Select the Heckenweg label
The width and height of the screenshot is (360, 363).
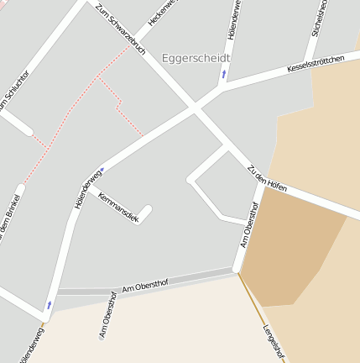coord(164,10)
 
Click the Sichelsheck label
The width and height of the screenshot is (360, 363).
coord(318,17)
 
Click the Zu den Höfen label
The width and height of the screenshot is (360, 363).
coord(267,178)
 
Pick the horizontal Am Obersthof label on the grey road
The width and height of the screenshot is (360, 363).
coord(145,287)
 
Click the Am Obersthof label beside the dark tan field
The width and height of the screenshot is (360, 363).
coord(249,224)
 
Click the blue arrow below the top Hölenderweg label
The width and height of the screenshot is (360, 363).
coord(224,74)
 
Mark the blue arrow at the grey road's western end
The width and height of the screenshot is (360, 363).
coord(49,304)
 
